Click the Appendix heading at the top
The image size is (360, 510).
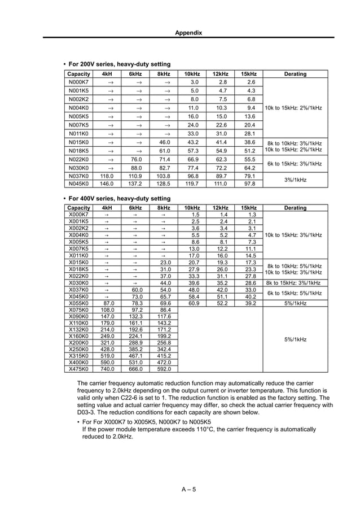188,33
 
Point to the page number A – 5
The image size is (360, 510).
188,489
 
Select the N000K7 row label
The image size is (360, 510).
78,82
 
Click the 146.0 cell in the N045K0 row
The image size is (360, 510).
107,184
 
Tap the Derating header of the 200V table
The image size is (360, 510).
295,74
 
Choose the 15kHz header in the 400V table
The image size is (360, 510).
248,208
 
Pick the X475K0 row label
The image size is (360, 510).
78,369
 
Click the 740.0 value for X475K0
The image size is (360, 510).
107,369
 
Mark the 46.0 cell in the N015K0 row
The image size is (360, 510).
164,142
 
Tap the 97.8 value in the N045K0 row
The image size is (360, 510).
249,184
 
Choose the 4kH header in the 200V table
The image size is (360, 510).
107,74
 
